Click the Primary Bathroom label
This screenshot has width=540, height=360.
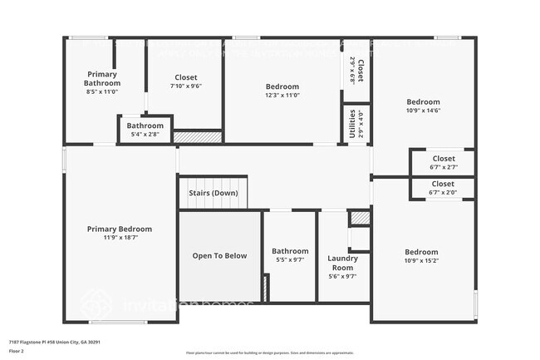point(102,78)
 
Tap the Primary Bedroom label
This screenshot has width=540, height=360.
point(120,229)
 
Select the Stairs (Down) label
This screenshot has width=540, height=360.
point(214,193)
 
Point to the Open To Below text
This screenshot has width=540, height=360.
point(220,255)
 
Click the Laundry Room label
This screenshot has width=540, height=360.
point(341,263)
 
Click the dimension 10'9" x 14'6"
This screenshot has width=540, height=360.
point(423,110)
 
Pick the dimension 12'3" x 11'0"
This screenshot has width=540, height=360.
point(282,95)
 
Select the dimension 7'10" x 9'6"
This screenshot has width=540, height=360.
point(186,86)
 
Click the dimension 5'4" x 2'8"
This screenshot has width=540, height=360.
point(145,134)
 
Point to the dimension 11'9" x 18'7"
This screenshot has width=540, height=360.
point(120,238)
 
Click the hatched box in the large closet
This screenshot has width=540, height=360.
point(198,136)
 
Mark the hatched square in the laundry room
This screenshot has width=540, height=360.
point(359,218)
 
